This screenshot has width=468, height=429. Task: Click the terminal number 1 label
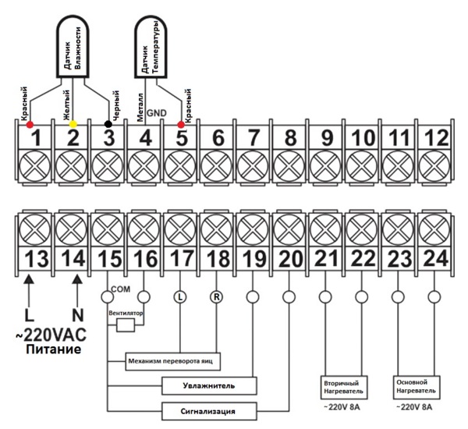coord(36,139)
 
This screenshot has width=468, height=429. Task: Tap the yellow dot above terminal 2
coord(73,124)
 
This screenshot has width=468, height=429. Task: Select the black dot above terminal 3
coord(108,124)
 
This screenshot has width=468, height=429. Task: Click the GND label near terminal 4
coord(156,113)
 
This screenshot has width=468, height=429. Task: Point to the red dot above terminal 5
coord(182,124)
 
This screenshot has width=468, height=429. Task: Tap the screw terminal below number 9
coord(325,166)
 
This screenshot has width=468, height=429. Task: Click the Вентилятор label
coord(128,313)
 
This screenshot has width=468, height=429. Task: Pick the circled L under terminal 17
coord(179,296)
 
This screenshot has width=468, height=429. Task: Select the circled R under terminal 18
coord(216,296)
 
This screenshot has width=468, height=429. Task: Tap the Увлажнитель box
coord(209,385)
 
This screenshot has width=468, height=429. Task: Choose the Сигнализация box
coord(209,410)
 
